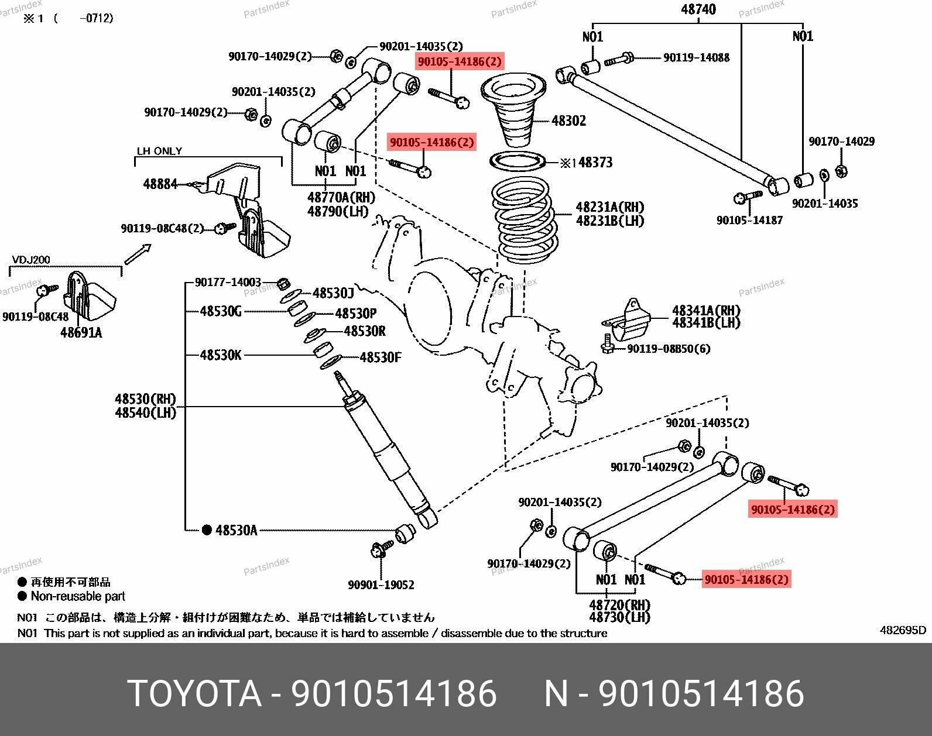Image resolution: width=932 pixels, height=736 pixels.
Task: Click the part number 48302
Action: tap(568, 121)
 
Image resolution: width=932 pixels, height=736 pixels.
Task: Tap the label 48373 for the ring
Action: tap(595, 162)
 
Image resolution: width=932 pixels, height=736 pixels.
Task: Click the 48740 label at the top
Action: tap(698, 10)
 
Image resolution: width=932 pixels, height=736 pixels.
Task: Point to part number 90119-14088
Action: tap(696, 58)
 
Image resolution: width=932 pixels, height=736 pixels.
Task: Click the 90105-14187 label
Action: tap(749, 221)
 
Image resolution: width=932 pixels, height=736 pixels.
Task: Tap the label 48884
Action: tap(160, 184)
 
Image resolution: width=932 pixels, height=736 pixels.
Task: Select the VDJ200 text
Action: tap(32, 260)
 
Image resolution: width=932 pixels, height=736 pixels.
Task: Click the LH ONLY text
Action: tap(159, 151)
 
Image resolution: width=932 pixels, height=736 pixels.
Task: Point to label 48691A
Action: tap(81, 333)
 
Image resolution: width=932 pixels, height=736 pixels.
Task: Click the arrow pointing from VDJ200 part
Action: tap(138, 254)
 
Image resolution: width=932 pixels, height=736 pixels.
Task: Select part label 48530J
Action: tap(333, 294)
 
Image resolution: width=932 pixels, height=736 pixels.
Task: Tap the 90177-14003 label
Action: tap(228, 283)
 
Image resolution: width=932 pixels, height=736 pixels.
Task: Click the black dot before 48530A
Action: tap(207, 530)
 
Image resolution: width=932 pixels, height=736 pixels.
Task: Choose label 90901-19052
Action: tap(381, 584)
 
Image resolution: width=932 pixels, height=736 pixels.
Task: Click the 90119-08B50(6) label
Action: tap(668, 349)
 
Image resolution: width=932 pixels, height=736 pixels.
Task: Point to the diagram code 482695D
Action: tap(903, 630)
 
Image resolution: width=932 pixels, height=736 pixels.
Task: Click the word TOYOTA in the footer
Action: tap(194, 694)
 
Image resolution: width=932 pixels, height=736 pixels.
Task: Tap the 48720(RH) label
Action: tap(619, 605)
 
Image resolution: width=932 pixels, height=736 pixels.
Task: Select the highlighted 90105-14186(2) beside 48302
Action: tap(459, 61)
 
